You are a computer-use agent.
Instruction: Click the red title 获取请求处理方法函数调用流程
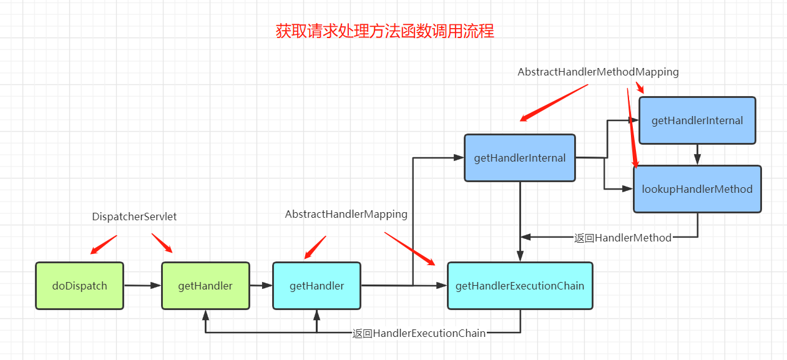point(385,31)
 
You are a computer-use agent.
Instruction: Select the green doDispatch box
point(79,286)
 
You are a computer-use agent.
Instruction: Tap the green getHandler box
point(205,286)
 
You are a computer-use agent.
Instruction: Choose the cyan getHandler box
point(316,286)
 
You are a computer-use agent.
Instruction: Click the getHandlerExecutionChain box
point(520,286)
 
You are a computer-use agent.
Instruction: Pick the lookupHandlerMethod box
point(697,189)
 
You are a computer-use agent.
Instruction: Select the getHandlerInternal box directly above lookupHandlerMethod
point(697,120)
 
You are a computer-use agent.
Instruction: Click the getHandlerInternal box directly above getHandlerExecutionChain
point(520,158)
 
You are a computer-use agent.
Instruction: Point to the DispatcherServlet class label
point(134,216)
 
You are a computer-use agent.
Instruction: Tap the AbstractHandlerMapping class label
point(346,214)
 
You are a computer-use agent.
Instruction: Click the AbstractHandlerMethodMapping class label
point(598,72)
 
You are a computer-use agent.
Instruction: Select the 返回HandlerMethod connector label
point(623,238)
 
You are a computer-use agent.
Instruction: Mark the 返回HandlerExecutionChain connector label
point(419,333)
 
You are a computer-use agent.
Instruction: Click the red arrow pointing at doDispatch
point(104,245)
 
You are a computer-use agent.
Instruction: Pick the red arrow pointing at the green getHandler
point(162,243)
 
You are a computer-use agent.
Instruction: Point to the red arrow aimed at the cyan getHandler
point(315,247)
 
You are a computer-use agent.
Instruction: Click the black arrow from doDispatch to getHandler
point(142,286)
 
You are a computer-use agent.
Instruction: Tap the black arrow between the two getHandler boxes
point(261,286)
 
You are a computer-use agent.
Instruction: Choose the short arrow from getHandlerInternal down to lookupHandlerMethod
point(697,155)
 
